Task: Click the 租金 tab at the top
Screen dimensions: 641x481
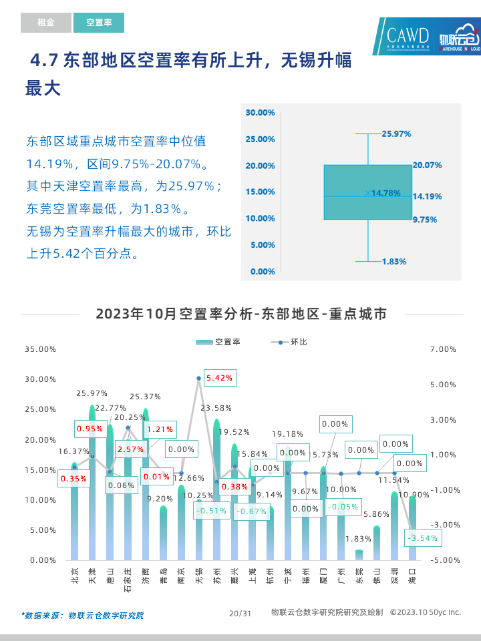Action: tap(45, 23)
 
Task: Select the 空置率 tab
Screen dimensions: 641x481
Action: tap(99, 23)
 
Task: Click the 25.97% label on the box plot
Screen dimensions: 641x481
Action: tap(396, 134)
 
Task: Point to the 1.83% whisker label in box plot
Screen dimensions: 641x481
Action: tap(394, 262)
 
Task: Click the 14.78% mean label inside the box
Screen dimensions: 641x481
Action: tap(385, 193)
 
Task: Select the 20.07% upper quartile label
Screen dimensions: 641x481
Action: tap(427, 165)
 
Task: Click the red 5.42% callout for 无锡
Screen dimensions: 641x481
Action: tap(220, 378)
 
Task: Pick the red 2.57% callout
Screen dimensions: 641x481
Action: tap(130, 449)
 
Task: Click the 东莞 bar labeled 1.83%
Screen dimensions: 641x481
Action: tap(359, 554)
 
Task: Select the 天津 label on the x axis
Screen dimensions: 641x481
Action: tap(92, 575)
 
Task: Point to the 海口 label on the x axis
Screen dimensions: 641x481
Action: tap(412, 575)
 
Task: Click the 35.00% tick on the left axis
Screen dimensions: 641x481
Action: tap(39, 349)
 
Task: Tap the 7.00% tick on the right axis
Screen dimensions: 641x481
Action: tap(444, 349)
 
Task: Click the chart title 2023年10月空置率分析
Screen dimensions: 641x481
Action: tap(240, 314)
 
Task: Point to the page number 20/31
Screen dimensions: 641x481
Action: tap(240, 613)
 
